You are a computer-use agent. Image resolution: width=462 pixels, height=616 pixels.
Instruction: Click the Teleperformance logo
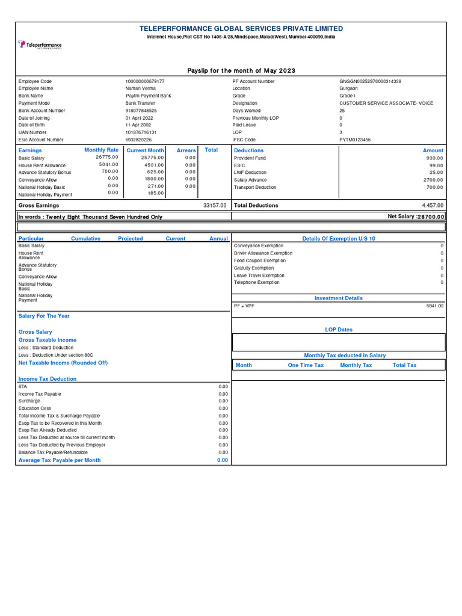(40, 45)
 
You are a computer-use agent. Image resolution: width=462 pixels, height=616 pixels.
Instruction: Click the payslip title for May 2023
(241, 71)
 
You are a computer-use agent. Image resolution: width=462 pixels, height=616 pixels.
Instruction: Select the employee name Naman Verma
(140, 88)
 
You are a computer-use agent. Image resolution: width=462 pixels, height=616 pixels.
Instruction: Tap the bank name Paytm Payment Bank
(148, 96)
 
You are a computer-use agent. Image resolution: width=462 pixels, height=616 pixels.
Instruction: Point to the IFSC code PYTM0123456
(355, 140)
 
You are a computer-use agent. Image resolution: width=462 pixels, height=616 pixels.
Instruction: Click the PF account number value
(370, 81)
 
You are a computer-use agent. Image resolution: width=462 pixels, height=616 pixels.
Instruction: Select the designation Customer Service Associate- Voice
(386, 103)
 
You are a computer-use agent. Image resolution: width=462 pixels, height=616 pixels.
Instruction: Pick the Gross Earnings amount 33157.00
(215, 205)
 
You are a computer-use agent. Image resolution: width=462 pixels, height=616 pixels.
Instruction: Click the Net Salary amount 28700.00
(431, 217)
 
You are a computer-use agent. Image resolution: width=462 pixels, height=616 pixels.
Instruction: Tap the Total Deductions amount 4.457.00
(433, 205)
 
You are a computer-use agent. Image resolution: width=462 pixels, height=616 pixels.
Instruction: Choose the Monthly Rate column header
(101, 150)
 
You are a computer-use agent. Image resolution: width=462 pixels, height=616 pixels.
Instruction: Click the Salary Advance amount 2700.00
(433, 180)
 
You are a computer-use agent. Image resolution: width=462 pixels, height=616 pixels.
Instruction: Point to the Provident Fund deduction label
(250, 158)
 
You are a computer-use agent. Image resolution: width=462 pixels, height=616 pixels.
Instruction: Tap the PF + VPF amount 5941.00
(434, 306)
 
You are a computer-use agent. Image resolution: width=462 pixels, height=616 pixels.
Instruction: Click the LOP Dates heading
(339, 330)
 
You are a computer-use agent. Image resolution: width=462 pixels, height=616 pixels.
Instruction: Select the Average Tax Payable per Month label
(60, 460)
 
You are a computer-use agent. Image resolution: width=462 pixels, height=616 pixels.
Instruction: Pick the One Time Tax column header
(306, 365)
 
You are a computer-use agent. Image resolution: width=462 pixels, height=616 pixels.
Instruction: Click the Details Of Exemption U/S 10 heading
(339, 239)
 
